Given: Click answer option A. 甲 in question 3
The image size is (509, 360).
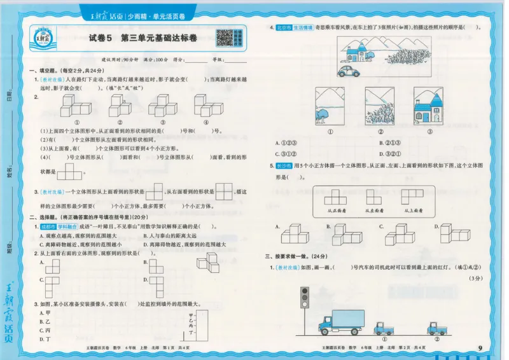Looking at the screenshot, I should tap(45, 313).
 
